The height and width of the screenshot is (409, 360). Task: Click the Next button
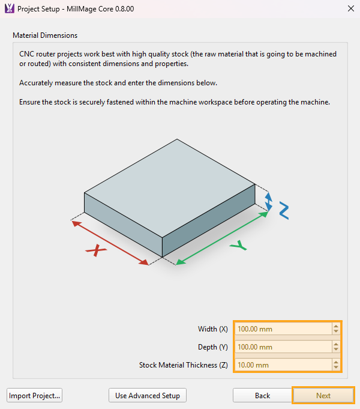pyautogui.click(x=323, y=396)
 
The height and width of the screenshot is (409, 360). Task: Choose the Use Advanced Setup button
pyautogui.click(x=148, y=396)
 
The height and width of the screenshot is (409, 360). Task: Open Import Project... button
pyautogui.click(x=35, y=396)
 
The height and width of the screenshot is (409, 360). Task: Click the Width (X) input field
pyautogui.click(x=282, y=329)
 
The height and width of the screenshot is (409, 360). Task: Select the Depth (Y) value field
pyautogui.click(x=282, y=347)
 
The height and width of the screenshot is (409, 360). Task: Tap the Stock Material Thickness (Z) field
pyautogui.click(x=282, y=365)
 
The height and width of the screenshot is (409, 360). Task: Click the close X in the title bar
pyautogui.click(x=350, y=9)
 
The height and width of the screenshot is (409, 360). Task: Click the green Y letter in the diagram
pyautogui.click(x=238, y=246)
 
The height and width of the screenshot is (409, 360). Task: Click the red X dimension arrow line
pyautogui.click(x=110, y=243)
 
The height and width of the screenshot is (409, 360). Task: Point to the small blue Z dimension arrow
pyautogui.click(x=269, y=201)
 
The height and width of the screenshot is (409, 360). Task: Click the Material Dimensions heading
pyautogui.click(x=45, y=36)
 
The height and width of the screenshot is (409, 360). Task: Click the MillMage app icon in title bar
pyautogui.click(x=9, y=9)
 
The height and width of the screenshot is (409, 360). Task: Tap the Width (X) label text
pyautogui.click(x=213, y=329)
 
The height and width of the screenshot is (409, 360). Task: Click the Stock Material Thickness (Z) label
pyautogui.click(x=184, y=365)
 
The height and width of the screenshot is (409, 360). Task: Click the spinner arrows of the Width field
pyautogui.click(x=336, y=329)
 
